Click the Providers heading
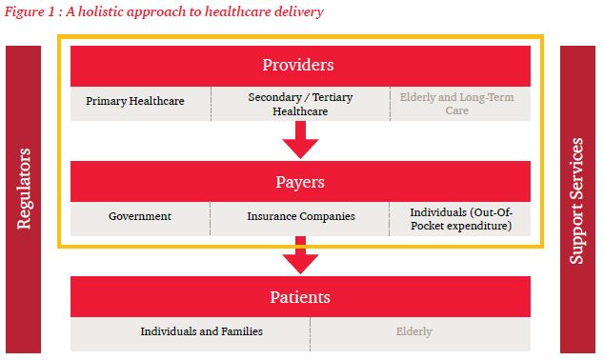(x=298, y=65)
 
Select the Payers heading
(x=300, y=182)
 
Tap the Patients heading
(x=300, y=297)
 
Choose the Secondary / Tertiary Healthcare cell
(x=300, y=104)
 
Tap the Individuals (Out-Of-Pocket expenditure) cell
(x=461, y=219)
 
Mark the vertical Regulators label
(x=24, y=189)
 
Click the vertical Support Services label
(x=576, y=201)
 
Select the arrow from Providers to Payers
(x=300, y=140)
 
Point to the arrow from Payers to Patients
(x=300, y=255)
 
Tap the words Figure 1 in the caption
(x=30, y=11)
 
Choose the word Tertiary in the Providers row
(x=332, y=97)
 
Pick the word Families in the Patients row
(x=242, y=331)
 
